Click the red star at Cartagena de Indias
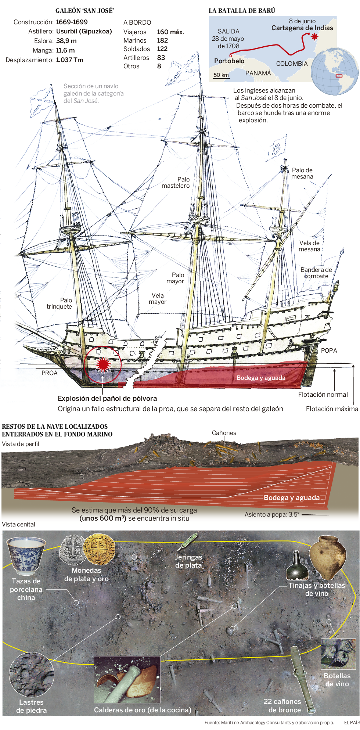click(314, 36)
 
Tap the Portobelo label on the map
click(229, 61)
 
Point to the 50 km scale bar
click(221, 76)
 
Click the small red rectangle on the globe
click(339, 76)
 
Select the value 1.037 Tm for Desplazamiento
click(69, 60)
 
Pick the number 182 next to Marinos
click(162, 40)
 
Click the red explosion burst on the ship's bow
click(103, 364)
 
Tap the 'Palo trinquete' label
click(60, 303)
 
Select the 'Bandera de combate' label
click(316, 273)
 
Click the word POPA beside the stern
click(329, 350)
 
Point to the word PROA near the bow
click(49, 373)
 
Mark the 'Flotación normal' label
click(323, 395)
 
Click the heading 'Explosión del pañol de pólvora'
click(107, 398)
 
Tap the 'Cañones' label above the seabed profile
click(224, 433)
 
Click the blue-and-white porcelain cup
click(26, 555)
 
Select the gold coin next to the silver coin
click(99, 549)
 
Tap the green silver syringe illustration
click(187, 542)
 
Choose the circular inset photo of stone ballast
click(32, 674)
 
